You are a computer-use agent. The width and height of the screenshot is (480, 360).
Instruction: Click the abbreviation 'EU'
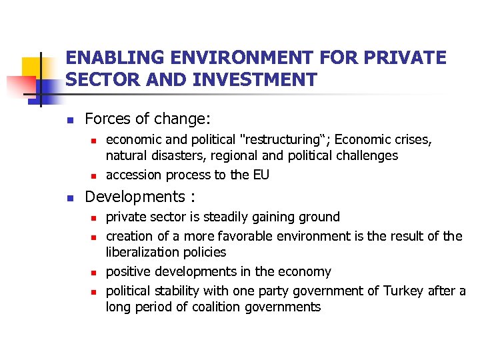pos(261,175)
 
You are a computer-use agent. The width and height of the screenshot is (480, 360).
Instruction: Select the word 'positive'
pos(128,272)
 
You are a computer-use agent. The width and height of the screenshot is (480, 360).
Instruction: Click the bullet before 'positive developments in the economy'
pos(95,273)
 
